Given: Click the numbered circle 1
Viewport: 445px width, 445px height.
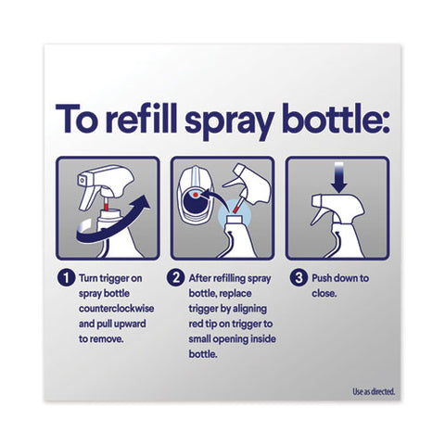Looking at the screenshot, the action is [66, 278].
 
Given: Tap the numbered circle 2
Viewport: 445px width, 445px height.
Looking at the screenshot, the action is [175, 278].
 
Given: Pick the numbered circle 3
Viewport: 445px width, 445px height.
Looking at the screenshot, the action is [299, 278].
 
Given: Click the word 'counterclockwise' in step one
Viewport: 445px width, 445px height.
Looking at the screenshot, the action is [116, 309].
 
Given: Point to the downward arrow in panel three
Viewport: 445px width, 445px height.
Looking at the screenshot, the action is [339, 178].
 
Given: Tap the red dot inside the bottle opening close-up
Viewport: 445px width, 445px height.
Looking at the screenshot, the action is [196, 195].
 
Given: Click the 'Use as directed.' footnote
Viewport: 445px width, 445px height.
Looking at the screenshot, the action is [374, 392].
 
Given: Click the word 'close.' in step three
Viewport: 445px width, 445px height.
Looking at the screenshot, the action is [324, 293].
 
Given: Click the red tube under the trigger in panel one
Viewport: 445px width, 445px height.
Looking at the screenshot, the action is [107, 204].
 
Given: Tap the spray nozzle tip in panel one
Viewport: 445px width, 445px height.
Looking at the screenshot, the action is [82, 179].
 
